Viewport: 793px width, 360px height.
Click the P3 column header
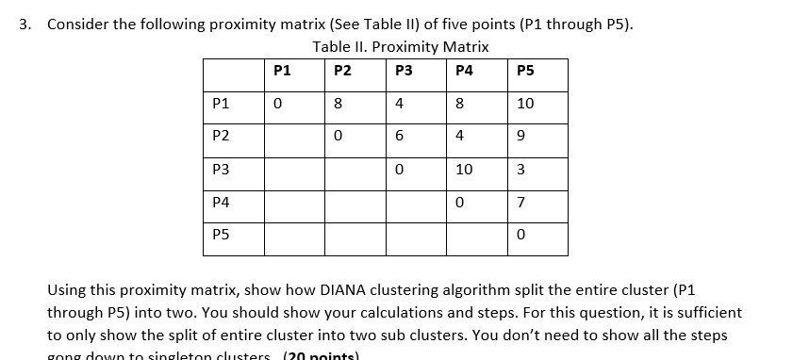tap(405, 69)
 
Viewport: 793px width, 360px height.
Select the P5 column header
tap(525, 69)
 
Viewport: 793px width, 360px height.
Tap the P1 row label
tap(223, 104)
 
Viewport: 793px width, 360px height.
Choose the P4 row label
tap(223, 202)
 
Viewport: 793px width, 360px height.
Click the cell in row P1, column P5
tap(525, 104)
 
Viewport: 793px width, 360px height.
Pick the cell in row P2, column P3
tap(401, 137)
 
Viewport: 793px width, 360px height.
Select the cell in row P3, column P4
tap(462, 170)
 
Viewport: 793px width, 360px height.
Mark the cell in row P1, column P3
tap(401, 104)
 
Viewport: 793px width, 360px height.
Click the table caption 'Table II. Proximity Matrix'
tap(401, 46)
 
